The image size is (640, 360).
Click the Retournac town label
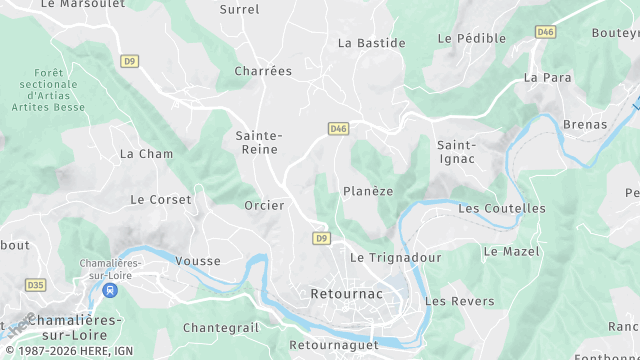346,294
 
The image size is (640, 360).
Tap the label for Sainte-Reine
260,142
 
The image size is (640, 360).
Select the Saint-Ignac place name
456,151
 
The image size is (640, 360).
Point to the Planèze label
368,191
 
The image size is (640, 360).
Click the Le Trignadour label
395,257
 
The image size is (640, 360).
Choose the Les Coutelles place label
502,208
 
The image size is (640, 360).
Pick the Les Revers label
459,301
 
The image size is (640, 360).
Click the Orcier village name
264,205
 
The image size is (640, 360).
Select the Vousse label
197,261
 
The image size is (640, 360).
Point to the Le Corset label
160,199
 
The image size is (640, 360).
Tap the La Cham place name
146,154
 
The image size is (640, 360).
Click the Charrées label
263,71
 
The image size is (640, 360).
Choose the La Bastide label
371,43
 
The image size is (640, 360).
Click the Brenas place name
585,124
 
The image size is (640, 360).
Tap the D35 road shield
36,285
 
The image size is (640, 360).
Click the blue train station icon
110,291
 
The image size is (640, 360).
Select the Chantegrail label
221,327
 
